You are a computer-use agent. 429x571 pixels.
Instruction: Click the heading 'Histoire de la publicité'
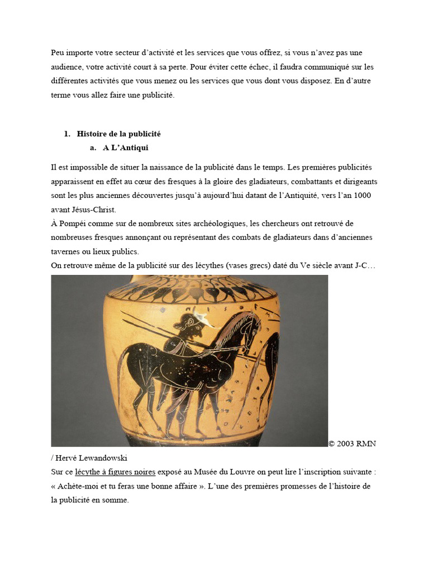coord(118,134)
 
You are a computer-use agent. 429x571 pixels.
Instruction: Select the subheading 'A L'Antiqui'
coord(125,148)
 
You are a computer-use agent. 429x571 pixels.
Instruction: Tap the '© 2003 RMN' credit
coord(352,444)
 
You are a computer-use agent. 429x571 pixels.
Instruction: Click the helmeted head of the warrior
coord(190,326)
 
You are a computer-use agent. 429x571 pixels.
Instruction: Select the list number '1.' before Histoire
coord(67,134)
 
